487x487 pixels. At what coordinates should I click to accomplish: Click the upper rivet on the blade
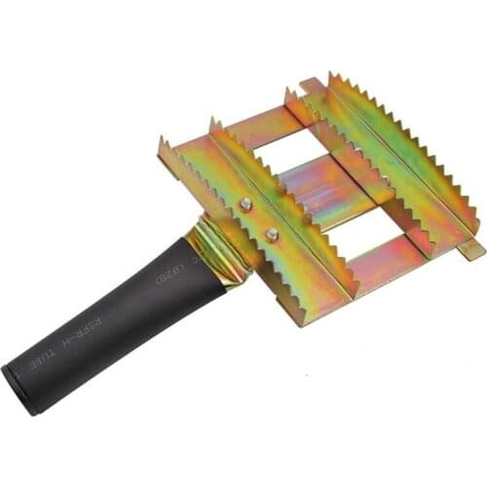(x=246, y=205)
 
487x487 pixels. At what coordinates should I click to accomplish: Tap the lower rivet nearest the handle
(x=272, y=234)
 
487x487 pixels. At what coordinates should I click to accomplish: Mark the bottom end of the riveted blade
(x=341, y=288)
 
